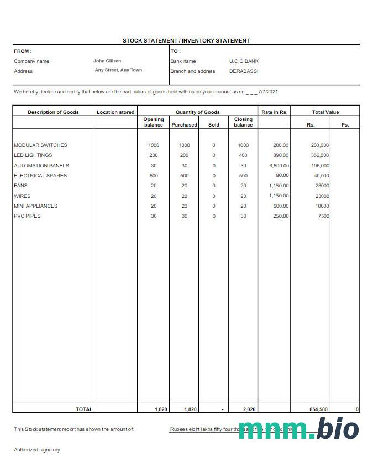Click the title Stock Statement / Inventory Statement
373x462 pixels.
(186, 40)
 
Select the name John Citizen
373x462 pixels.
(107, 61)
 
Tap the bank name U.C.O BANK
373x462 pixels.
(244, 61)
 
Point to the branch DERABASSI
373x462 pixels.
(244, 71)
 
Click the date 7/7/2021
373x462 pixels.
(268, 92)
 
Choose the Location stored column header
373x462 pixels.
(115, 112)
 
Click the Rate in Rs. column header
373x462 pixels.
(275, 112)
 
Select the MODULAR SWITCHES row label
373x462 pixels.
(40, 145)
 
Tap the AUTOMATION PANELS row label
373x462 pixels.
(41, 166)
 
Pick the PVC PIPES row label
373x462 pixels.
(27, 216)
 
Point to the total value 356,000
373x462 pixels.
(320, 155)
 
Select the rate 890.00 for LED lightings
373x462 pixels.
(281, 155)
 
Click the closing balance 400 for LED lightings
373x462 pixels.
(243, 155)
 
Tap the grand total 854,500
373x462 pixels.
(318, 410)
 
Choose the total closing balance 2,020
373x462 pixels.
(243, 410)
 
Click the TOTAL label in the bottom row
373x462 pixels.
(84, 410)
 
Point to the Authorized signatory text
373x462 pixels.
(37, 450)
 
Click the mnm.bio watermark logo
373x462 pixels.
(298, 429)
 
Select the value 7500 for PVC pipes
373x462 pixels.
(323, 216)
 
